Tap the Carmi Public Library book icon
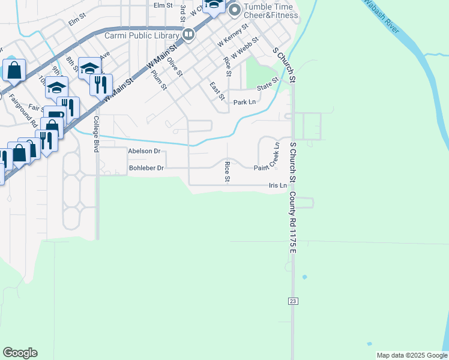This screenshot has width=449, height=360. [x=188, y=34]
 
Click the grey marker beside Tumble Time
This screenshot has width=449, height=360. [x=234, y=10]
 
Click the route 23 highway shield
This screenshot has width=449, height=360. [x=293, y=300]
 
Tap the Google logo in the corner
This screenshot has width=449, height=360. [x=20, y=353]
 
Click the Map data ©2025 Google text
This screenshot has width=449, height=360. [x=412, y=355]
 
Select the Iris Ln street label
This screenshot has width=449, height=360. [x=277, y=186]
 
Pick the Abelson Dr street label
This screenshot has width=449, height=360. [x=145, y=152]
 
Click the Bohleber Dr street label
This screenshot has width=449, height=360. [x=146, y=169]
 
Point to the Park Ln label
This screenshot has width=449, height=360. [x=244, y=103]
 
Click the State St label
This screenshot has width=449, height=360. [x=268, y=85]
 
